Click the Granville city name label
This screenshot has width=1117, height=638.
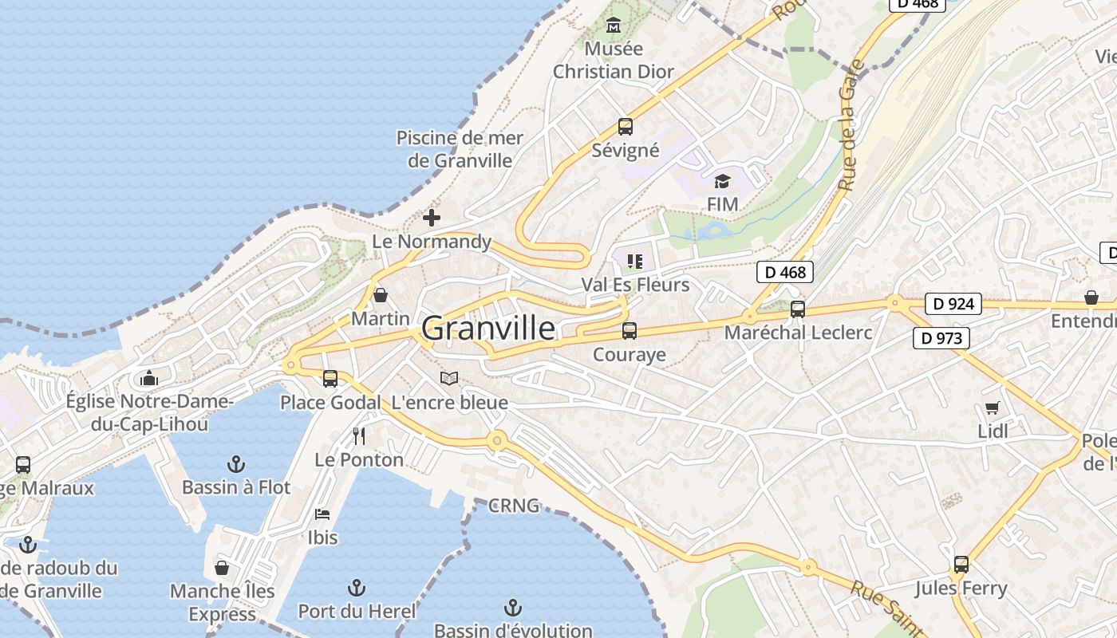pos(487,328)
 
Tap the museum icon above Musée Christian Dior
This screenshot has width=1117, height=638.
pos(613,26)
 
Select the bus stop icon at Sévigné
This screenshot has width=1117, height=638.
pos(625,127)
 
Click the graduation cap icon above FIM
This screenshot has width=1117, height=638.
pos(722,181)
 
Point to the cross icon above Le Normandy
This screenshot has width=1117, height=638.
pos(432,218)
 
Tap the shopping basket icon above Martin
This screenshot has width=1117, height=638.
pos(381,295)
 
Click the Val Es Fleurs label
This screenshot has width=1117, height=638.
pos(635,285)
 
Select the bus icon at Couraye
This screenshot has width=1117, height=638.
pos(630,331)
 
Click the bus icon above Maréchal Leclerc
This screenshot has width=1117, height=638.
pos(797,309)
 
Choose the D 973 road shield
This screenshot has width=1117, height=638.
pos(941,338)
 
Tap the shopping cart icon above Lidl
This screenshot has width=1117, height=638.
pos(992,408)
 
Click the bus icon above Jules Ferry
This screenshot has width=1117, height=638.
pos(961,565)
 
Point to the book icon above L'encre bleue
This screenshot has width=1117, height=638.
pos(449,379)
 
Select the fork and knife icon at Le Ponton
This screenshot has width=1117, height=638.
pos(359,436)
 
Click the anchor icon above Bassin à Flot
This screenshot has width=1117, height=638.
pos(236,463)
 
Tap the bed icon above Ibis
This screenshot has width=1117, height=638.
pos(322,514)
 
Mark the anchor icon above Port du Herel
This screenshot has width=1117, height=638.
pos(357,589)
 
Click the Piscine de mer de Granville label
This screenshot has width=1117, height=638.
pos(460,149)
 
